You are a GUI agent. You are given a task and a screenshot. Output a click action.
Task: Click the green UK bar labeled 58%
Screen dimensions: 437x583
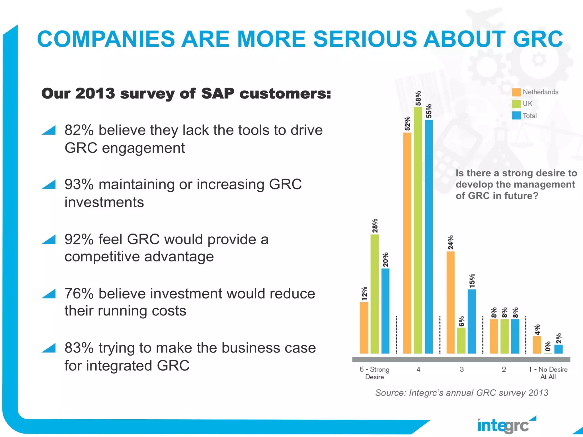click(418, 230)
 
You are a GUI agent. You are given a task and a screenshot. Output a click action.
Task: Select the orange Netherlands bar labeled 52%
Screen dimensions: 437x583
click(407, 243)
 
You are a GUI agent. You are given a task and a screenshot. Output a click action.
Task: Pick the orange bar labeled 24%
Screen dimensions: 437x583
click(451, 302)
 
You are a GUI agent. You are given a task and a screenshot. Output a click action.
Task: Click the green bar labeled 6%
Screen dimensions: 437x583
click(461, 341)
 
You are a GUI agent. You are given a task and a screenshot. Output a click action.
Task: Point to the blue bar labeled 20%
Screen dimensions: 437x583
click(385, 311)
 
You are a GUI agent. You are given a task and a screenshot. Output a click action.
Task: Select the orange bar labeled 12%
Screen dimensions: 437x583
click(364, 328)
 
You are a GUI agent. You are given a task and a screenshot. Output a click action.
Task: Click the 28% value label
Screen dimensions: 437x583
click(375, 226)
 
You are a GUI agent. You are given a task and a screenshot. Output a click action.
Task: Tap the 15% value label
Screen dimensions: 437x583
click(472, 281)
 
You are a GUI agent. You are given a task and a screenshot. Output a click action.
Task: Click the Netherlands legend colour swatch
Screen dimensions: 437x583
click(516, 92)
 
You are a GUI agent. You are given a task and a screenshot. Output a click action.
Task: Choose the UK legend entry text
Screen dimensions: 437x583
click(527, 104)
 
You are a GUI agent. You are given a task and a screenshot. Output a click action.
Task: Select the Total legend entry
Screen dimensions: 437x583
click(529, 116)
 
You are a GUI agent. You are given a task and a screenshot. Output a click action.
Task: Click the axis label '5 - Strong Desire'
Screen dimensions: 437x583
click(375, 373)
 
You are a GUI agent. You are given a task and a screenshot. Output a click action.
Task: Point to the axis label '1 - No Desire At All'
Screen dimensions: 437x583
click(548, 373)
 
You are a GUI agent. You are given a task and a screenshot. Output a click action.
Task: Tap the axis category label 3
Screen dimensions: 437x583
click(462, 369)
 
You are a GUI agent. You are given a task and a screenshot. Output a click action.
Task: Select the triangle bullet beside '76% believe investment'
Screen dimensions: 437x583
click(49, 294)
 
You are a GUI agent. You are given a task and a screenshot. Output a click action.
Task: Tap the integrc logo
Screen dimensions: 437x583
click(505, 425)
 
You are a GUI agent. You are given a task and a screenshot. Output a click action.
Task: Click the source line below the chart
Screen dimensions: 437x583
click(461, 393)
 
